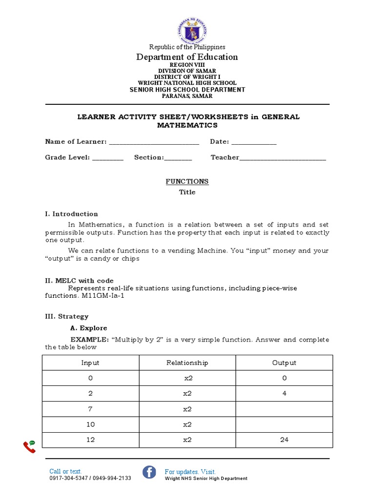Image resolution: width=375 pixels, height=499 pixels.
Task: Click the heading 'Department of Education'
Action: click(187, 57)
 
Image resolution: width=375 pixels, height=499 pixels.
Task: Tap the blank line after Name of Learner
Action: click(154, 142)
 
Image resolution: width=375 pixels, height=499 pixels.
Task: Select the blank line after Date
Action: click(253, 142)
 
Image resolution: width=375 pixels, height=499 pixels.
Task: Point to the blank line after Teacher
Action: click(283, 158)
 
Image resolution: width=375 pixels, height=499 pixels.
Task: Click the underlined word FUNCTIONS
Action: click(187, 181)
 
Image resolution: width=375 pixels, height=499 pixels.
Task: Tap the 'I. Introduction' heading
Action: click(71, 214)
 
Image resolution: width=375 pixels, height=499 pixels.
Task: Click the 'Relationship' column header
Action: click(187, 363)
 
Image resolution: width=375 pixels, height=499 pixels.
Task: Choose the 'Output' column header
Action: click(284, 363)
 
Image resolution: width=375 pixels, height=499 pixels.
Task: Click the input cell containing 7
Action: click(91, 409)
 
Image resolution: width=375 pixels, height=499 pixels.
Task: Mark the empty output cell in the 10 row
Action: click(284, 424)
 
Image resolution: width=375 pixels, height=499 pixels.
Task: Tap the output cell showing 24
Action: click(284, 440)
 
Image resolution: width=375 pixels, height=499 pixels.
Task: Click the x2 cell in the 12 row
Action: click(187, 440)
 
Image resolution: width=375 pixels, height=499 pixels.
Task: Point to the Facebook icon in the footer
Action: click(149, 472)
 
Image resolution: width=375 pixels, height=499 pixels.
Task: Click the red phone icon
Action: click(29, 446)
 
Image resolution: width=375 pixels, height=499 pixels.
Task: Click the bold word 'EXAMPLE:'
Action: click(89, 340)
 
